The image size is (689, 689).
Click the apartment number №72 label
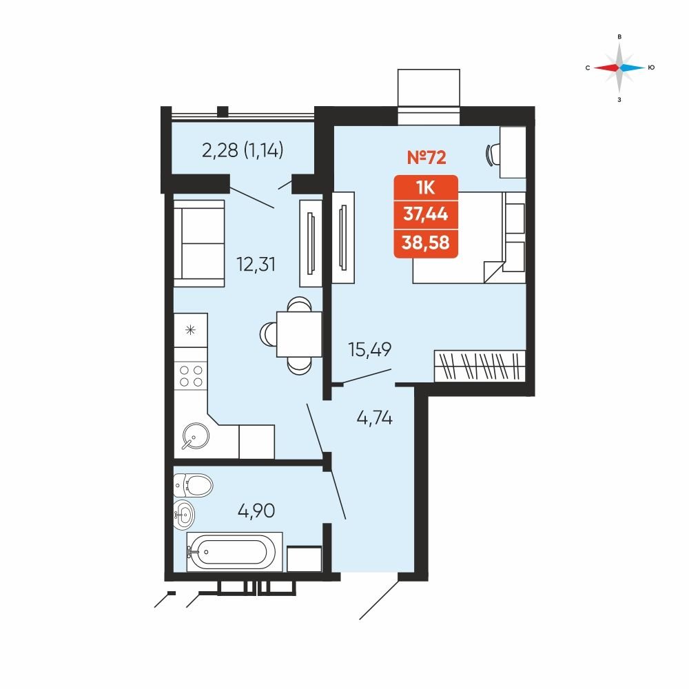[x=426, y=157]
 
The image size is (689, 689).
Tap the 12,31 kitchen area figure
[x=256, y=265]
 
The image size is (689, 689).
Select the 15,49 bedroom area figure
[x=369, y=349]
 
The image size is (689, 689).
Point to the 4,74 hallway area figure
[x=374, y=418]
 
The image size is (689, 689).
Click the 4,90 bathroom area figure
[x=256, y=511]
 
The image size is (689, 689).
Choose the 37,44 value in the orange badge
[x=426, y=214]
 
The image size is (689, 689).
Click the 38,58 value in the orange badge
[x=426, y=242]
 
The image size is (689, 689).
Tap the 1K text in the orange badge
[x=426, y=187]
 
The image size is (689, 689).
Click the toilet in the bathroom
[x=193, y=486]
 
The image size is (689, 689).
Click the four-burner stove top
[x=191, y=376]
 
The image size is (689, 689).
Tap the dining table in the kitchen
[x=299, y=334]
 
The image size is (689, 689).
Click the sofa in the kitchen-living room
[x=199, y=243]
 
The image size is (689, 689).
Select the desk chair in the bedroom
[x=493, y=154]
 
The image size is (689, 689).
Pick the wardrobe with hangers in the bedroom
[x=480, y=366]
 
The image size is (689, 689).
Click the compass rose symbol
[x=619, y=68]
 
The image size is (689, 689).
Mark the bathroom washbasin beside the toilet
[x=184, y=514]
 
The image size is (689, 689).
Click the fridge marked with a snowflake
[x=191, y=330]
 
